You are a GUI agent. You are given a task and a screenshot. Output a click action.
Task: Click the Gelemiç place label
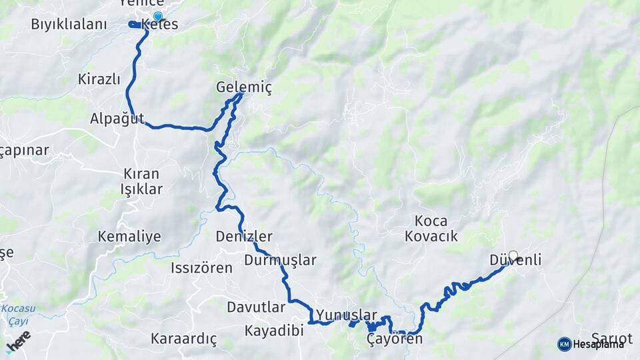pyautogui.click(x=244, y=87)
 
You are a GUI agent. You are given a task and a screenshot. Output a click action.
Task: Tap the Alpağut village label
pyautogui.click(x=117, y=119)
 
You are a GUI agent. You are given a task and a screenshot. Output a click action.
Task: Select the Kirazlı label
pyautogui.click(x=99, y=79)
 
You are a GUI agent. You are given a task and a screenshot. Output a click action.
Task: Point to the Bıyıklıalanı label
pyautogui.click(x=69, y=25)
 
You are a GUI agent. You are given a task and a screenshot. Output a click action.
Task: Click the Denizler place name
pyautogui.click(x=244, y=236)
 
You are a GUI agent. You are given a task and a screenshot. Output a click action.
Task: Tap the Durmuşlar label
pyautogui.click(x=280, y=260)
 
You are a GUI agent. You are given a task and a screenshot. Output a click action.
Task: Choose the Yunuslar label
pyautogui.click(x=347, y=315)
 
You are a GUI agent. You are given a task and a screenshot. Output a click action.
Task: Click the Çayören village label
pyautogui.click(x=395, y=339)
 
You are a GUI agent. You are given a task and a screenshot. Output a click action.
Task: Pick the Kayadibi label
pyautogui.click(x=274, y=331)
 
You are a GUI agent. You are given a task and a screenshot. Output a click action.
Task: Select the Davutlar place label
pyautogui.click(x=256, y=307)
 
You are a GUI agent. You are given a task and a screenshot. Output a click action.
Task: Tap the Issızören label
pyautogui.click(x=201, y=268)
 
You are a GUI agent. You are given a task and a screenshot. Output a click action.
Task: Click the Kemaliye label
pyautogui.click(x=129, y=236)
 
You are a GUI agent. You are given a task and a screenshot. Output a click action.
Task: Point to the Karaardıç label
pyautogui.click(x=184, y=339)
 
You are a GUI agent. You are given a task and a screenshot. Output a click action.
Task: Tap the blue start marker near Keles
pyautogui.click(x=157, y=17)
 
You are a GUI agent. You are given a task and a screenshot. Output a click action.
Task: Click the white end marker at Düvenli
pyautogui.click(x=513, y=255)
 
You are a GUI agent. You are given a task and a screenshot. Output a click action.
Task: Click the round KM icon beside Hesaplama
pyautogui.click(x=564, y=344)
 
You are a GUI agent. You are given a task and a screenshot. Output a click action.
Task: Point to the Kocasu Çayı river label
pyautogui.click(x=18, y=314)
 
